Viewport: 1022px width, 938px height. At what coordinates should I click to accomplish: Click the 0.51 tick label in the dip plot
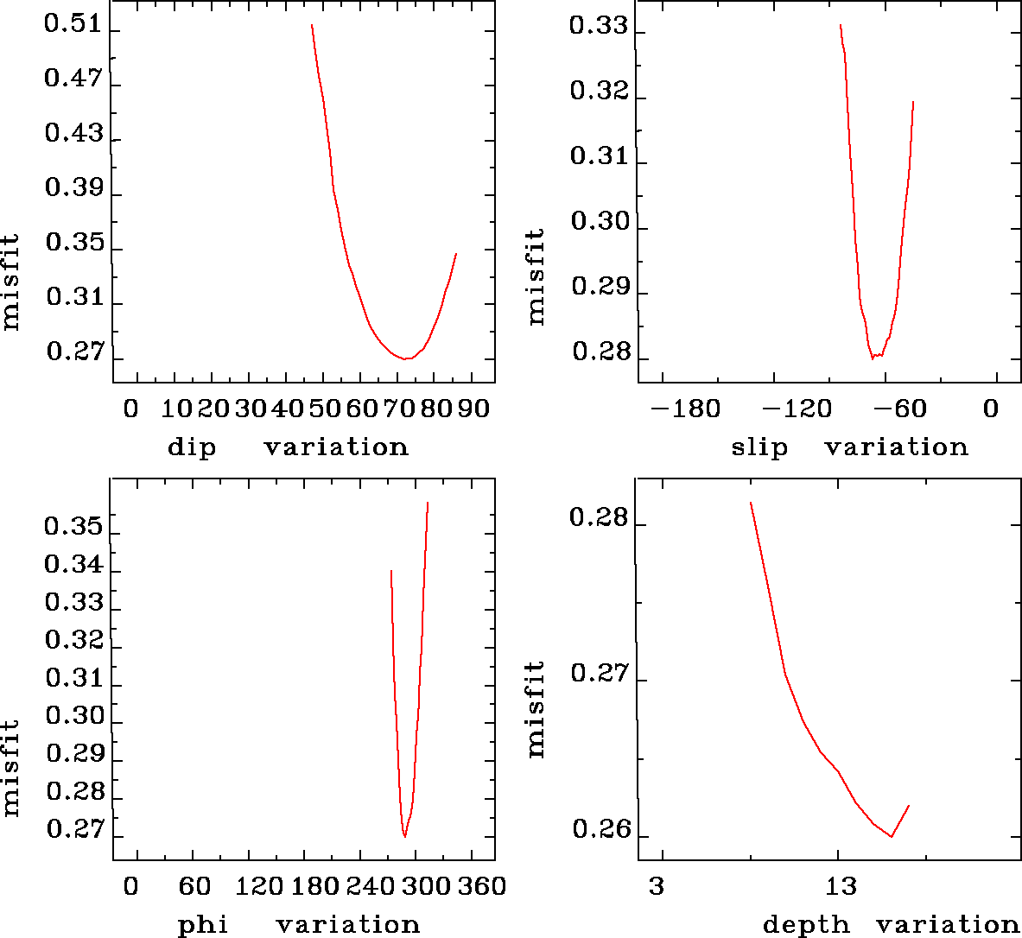point(73,24)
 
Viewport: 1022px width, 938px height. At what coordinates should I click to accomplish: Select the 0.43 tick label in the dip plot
point(73,134)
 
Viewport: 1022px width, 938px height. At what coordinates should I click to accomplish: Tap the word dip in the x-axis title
point(191,447)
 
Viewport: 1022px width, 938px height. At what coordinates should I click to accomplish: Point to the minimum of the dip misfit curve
point(406,358)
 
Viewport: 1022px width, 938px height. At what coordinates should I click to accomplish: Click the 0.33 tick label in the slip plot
point(598,26)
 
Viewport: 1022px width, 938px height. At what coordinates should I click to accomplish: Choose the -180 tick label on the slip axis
point(685,409)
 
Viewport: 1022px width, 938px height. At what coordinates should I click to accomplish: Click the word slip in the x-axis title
point(759,447)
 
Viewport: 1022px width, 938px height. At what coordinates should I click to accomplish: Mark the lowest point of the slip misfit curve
point(873,358)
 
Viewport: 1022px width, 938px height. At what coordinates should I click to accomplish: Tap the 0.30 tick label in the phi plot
point(73,716)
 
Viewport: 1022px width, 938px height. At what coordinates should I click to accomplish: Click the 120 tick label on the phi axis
point(258,887)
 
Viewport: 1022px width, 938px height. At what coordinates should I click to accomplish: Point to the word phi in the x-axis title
point(202,926)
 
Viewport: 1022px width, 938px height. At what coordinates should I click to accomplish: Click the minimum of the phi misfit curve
point(404,837)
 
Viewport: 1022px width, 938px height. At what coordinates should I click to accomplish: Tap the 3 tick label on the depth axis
point(657,887)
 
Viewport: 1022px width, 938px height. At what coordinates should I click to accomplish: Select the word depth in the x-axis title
point(806,926)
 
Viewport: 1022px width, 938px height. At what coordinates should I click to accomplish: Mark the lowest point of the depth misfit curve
point(891,836)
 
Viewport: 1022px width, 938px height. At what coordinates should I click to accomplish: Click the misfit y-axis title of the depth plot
point(536,710)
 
